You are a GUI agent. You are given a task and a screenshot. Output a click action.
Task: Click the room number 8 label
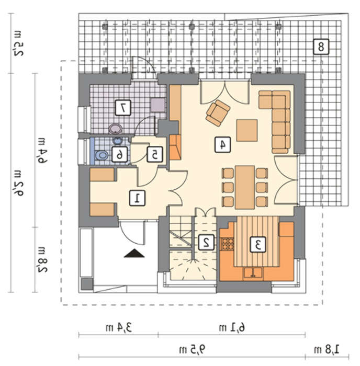tap(321, 47)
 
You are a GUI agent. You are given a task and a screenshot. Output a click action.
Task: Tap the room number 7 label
tap(123, 108)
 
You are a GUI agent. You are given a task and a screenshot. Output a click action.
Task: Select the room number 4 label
tap(222, 145)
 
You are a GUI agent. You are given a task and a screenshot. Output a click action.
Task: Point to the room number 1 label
tap(137, 198)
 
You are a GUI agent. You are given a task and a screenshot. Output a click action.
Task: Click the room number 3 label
tap(257, 244)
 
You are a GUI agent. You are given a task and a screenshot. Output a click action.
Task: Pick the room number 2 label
tap(206, 242)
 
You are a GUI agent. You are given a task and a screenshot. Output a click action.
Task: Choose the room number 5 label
tap(155, 154)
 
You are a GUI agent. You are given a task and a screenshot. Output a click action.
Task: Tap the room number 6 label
tap(120, 154)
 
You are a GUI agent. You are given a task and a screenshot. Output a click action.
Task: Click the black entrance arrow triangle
tap(134, 254)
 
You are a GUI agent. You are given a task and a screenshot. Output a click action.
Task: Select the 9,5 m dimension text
tap(192, 350)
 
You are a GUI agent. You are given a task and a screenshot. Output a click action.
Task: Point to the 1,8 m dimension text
tap(327, 350)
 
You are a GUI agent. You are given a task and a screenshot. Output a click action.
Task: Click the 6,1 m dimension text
tap(232, 327)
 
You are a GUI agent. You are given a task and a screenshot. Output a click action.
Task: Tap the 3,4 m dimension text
tap(118, 327)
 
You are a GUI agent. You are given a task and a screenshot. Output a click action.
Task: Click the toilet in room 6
tap(102, 155)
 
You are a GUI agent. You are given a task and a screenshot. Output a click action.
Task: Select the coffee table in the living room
tap(247, 131)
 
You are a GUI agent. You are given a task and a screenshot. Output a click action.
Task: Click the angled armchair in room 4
tap(218, 113)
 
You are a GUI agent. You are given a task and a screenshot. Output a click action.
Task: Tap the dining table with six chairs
tap(244, 187)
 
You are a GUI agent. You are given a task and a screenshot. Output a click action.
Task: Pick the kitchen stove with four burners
tap(227, 244)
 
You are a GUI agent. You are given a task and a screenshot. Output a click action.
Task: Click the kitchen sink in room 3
tap(253, 273)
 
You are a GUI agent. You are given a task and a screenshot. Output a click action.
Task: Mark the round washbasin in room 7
tap(116, 129)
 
